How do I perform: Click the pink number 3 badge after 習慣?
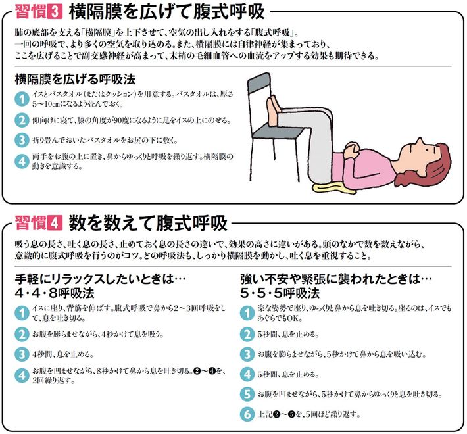pyautogui.click(x=55, y=12)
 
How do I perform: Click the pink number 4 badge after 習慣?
pyautogui.click(x=55, y=224)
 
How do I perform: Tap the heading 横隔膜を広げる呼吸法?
pyautogui.click(x=75, y=79)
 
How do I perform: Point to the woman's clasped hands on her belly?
pyautogui.click(x=351, y=149)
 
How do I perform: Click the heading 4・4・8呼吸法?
pyautogui.click(x=55, y=293)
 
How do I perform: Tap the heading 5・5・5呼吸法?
pyautogui.click(x=280, y=293)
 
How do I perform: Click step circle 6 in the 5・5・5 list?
pyautogui.click(x=247, y=414)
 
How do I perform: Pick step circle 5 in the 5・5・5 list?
pyautogui.click(x=247, y=394)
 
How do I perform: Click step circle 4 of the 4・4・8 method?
pyautogui.click(x=22, y=375)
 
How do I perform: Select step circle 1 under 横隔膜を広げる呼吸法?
pyautogui.click(x=22, y=99)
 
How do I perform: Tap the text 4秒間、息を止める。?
pyautogui.click(x=63, y=354)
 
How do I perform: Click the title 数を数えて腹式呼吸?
pyautogui.click(x=148, y=223)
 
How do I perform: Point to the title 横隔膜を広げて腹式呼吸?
pyautogui.click(x=167, y=12)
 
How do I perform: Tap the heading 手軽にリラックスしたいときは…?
pyautogui.click(x=100, y=279)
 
